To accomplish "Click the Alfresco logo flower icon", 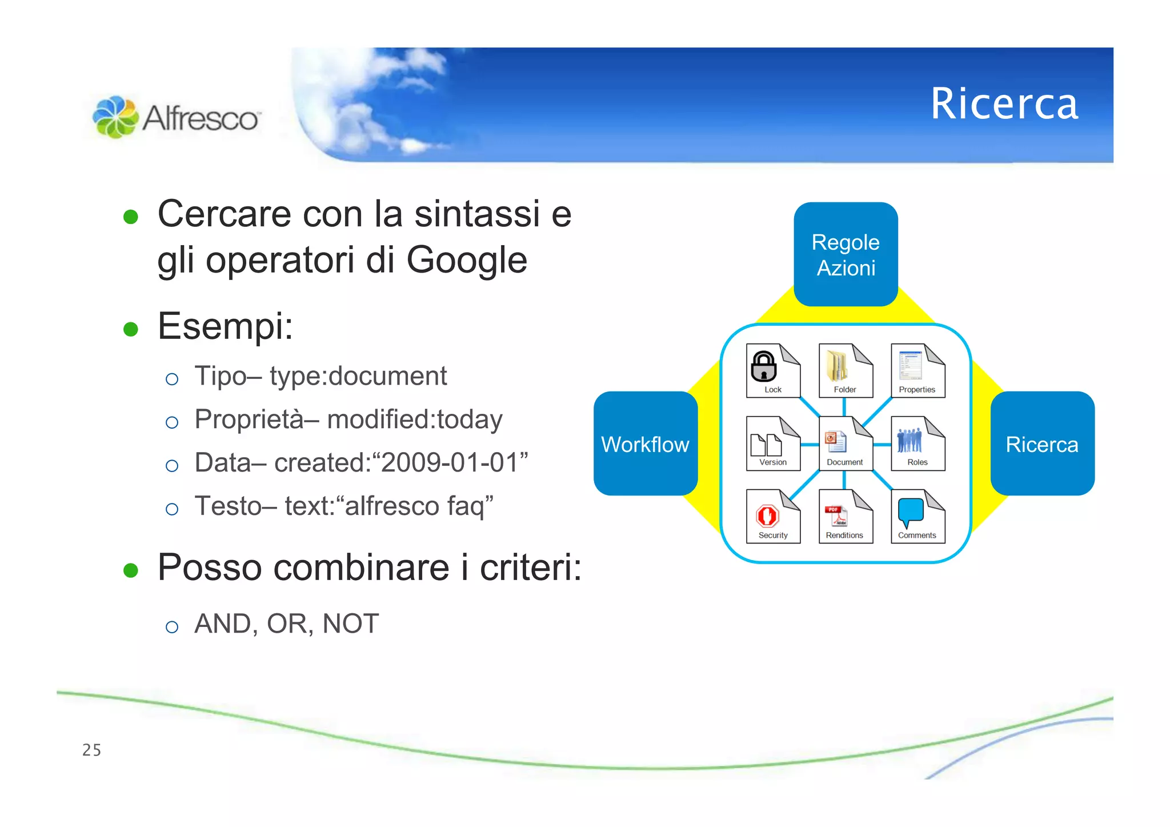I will coord(115,117).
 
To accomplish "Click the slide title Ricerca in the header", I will coord(1004,104).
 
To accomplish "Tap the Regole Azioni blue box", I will coord(846,254).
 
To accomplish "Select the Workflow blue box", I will coord(646,444).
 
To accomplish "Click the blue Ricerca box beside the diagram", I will coord(1042,444).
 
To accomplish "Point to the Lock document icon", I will coord(772,370).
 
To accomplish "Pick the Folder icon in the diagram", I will coord(845,370).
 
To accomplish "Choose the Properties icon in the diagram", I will coord(917,370).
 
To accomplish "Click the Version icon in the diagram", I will coord(772,443).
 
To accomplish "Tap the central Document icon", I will coord(845,443).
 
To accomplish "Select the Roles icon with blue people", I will coord(917,443).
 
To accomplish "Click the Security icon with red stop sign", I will coord(772,516).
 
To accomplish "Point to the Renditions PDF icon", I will coord(845,516).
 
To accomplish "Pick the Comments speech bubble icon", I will coord(917,516).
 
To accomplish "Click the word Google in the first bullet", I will coord(466,261).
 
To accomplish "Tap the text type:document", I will coord(358,376).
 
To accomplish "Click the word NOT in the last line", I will coord(350,624).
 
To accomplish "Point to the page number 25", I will coord(91,750).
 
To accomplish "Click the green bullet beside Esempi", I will coord(131,329).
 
